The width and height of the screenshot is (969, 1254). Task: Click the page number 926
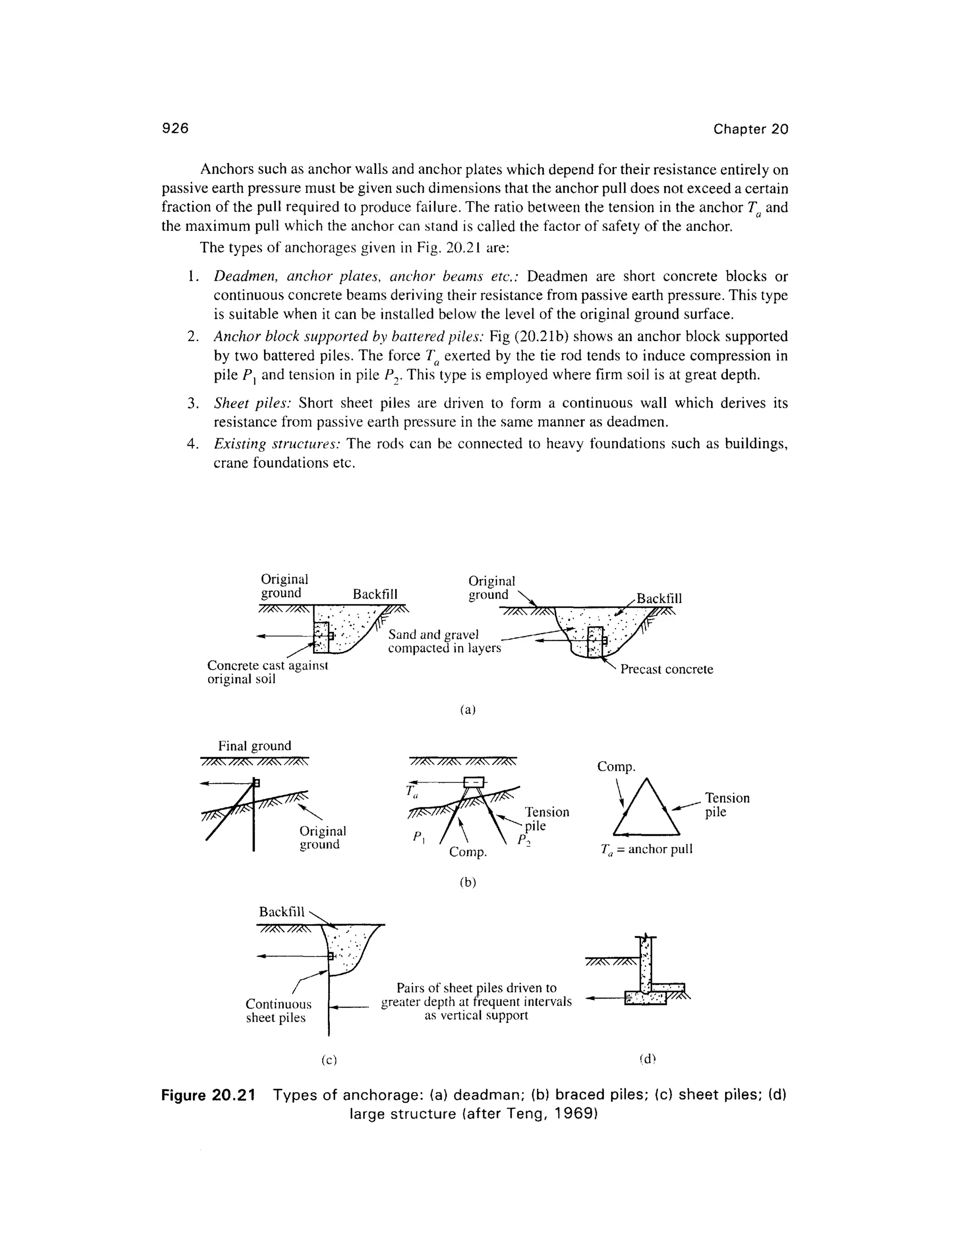click(x=175, y=128)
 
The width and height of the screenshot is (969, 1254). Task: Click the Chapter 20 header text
click(x=750, y=129)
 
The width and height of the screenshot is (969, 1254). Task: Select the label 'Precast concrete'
click(x=666, y=670)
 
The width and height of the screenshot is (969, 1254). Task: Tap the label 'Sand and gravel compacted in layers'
click(x=444, y=641)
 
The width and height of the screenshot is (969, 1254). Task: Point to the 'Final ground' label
click(x=254, y=746)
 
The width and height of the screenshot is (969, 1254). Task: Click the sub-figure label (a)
click(x=468, y=710)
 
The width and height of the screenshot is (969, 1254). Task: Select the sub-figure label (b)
click(x=468, y=883)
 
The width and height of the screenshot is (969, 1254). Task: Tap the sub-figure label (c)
click(x=328, y=1060)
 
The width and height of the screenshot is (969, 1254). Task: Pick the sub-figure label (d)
click(x=647, y=1060)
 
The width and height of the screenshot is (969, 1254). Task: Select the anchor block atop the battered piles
click(x=474, y=783)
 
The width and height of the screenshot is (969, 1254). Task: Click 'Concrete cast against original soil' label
click(x=267, y=672)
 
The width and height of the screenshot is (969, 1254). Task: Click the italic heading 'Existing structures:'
click(x=278, y=444)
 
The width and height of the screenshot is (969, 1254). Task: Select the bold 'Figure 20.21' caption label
click(x=207, y=1095)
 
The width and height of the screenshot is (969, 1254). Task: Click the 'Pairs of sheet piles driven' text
click(x=476, y=988)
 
